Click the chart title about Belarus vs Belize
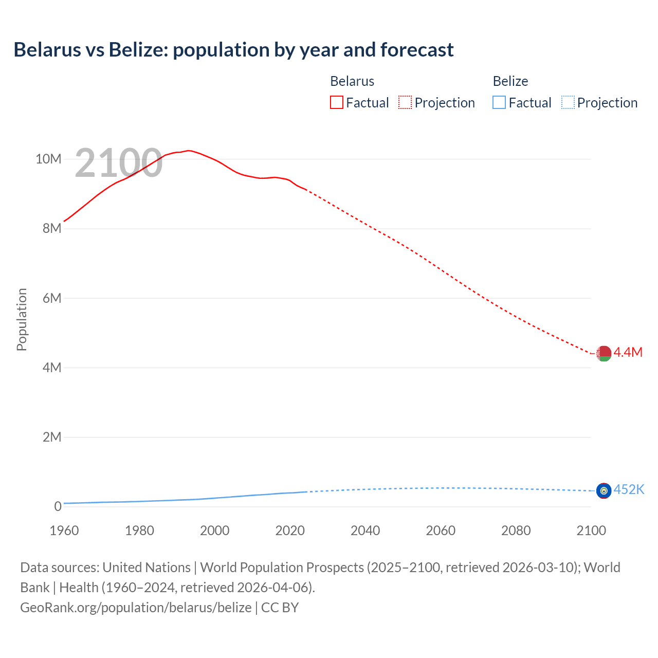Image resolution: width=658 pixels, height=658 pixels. [x=233, y=50]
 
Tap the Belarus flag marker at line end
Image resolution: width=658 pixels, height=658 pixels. [x=604, y=354]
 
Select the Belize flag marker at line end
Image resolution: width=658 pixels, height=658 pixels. [x=604, y=491]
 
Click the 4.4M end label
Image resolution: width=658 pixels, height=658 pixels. [x=628, y=352]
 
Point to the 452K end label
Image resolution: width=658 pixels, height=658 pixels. [x=629, y=489]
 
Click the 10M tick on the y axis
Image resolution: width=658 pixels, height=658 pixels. [x=48, y=159]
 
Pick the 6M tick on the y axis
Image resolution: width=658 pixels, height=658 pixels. [x=52, y=298]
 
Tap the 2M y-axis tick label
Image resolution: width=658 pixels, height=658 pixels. [x=52, y=437]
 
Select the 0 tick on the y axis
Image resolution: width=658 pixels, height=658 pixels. [x=58, y=506]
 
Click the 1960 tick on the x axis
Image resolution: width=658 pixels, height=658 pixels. [x=64, y=531]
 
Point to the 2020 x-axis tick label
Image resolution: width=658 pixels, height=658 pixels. [x=290, y=531]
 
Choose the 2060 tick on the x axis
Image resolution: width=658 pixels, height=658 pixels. [x=441, y=531]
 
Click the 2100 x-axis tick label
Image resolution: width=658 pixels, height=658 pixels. [x=591, y=531]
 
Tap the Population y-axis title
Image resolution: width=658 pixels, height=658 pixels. [x=22, y=319]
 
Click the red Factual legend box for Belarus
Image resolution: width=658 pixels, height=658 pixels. [x=337, y=103]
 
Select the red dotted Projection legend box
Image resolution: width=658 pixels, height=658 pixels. [x=405, y=103]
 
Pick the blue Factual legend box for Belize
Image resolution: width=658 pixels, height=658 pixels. [x=499, y=103]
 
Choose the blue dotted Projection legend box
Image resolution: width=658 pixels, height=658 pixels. [x=568, y=103]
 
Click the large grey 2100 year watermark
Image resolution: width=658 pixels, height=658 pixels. [x=119, y=163]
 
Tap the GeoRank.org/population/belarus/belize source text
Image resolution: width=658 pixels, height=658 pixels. [x=136, y=608]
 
